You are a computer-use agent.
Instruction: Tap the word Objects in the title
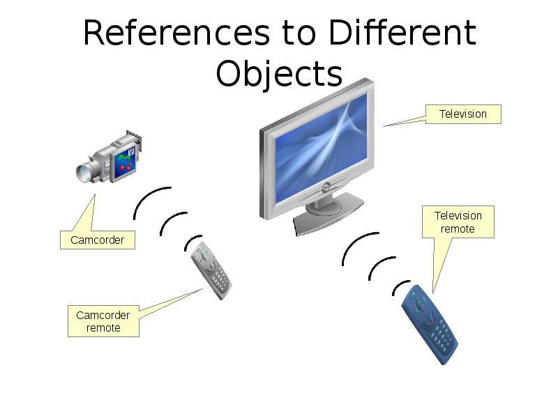[279, 73]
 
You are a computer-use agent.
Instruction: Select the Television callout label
[462, 114]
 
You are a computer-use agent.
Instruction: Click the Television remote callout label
[458, 222]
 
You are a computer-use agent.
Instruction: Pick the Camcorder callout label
[97, 240]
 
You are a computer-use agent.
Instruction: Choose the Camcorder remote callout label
[103, 321]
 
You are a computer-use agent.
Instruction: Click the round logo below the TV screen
[326, 185]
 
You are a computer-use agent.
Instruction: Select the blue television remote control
[430, 323]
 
